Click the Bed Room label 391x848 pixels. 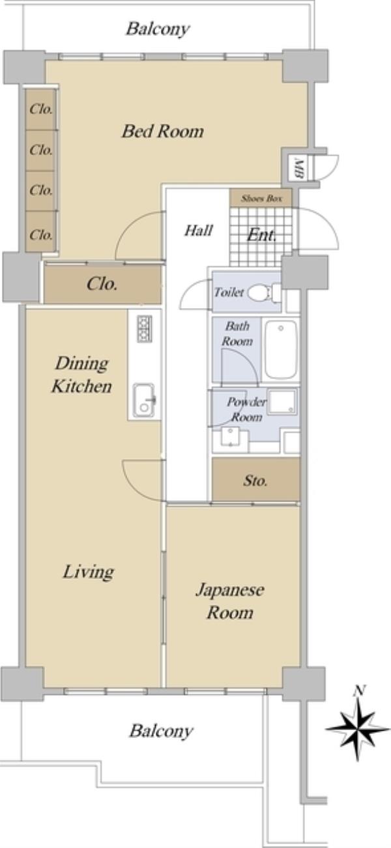pyautogui.click(x=162, y=132)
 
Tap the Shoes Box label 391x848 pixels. pyautogui.click(x=261, y=199)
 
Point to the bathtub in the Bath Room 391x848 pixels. pyautogui.click(x=281, y=349)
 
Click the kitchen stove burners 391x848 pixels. pyautogui.click(x=144, y=329)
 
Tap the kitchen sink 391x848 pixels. pyautogui.click(x=144, y=400)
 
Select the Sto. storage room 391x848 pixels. pyautogui.click(x=255, y=479)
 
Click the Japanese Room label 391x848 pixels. pyautogui.click(x=230, y=601)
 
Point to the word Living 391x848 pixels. pyautogui.click(x=88, y=572)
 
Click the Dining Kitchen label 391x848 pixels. pyautogui.click(x=82, y=375)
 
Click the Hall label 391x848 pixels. pyautogui.click(x=199, y=230)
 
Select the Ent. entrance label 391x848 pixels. pyautogui.click(x=261, y=235)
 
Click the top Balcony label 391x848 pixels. pyautogui.click(x=158, y=29)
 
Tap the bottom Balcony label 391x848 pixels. pyautogui.click(x=161, y=731)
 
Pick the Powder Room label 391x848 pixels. pyautogui.click(x=246, y=409)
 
